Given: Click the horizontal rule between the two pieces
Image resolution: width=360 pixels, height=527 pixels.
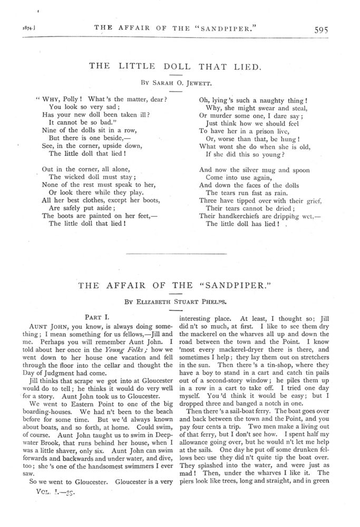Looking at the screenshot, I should point(180,255).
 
